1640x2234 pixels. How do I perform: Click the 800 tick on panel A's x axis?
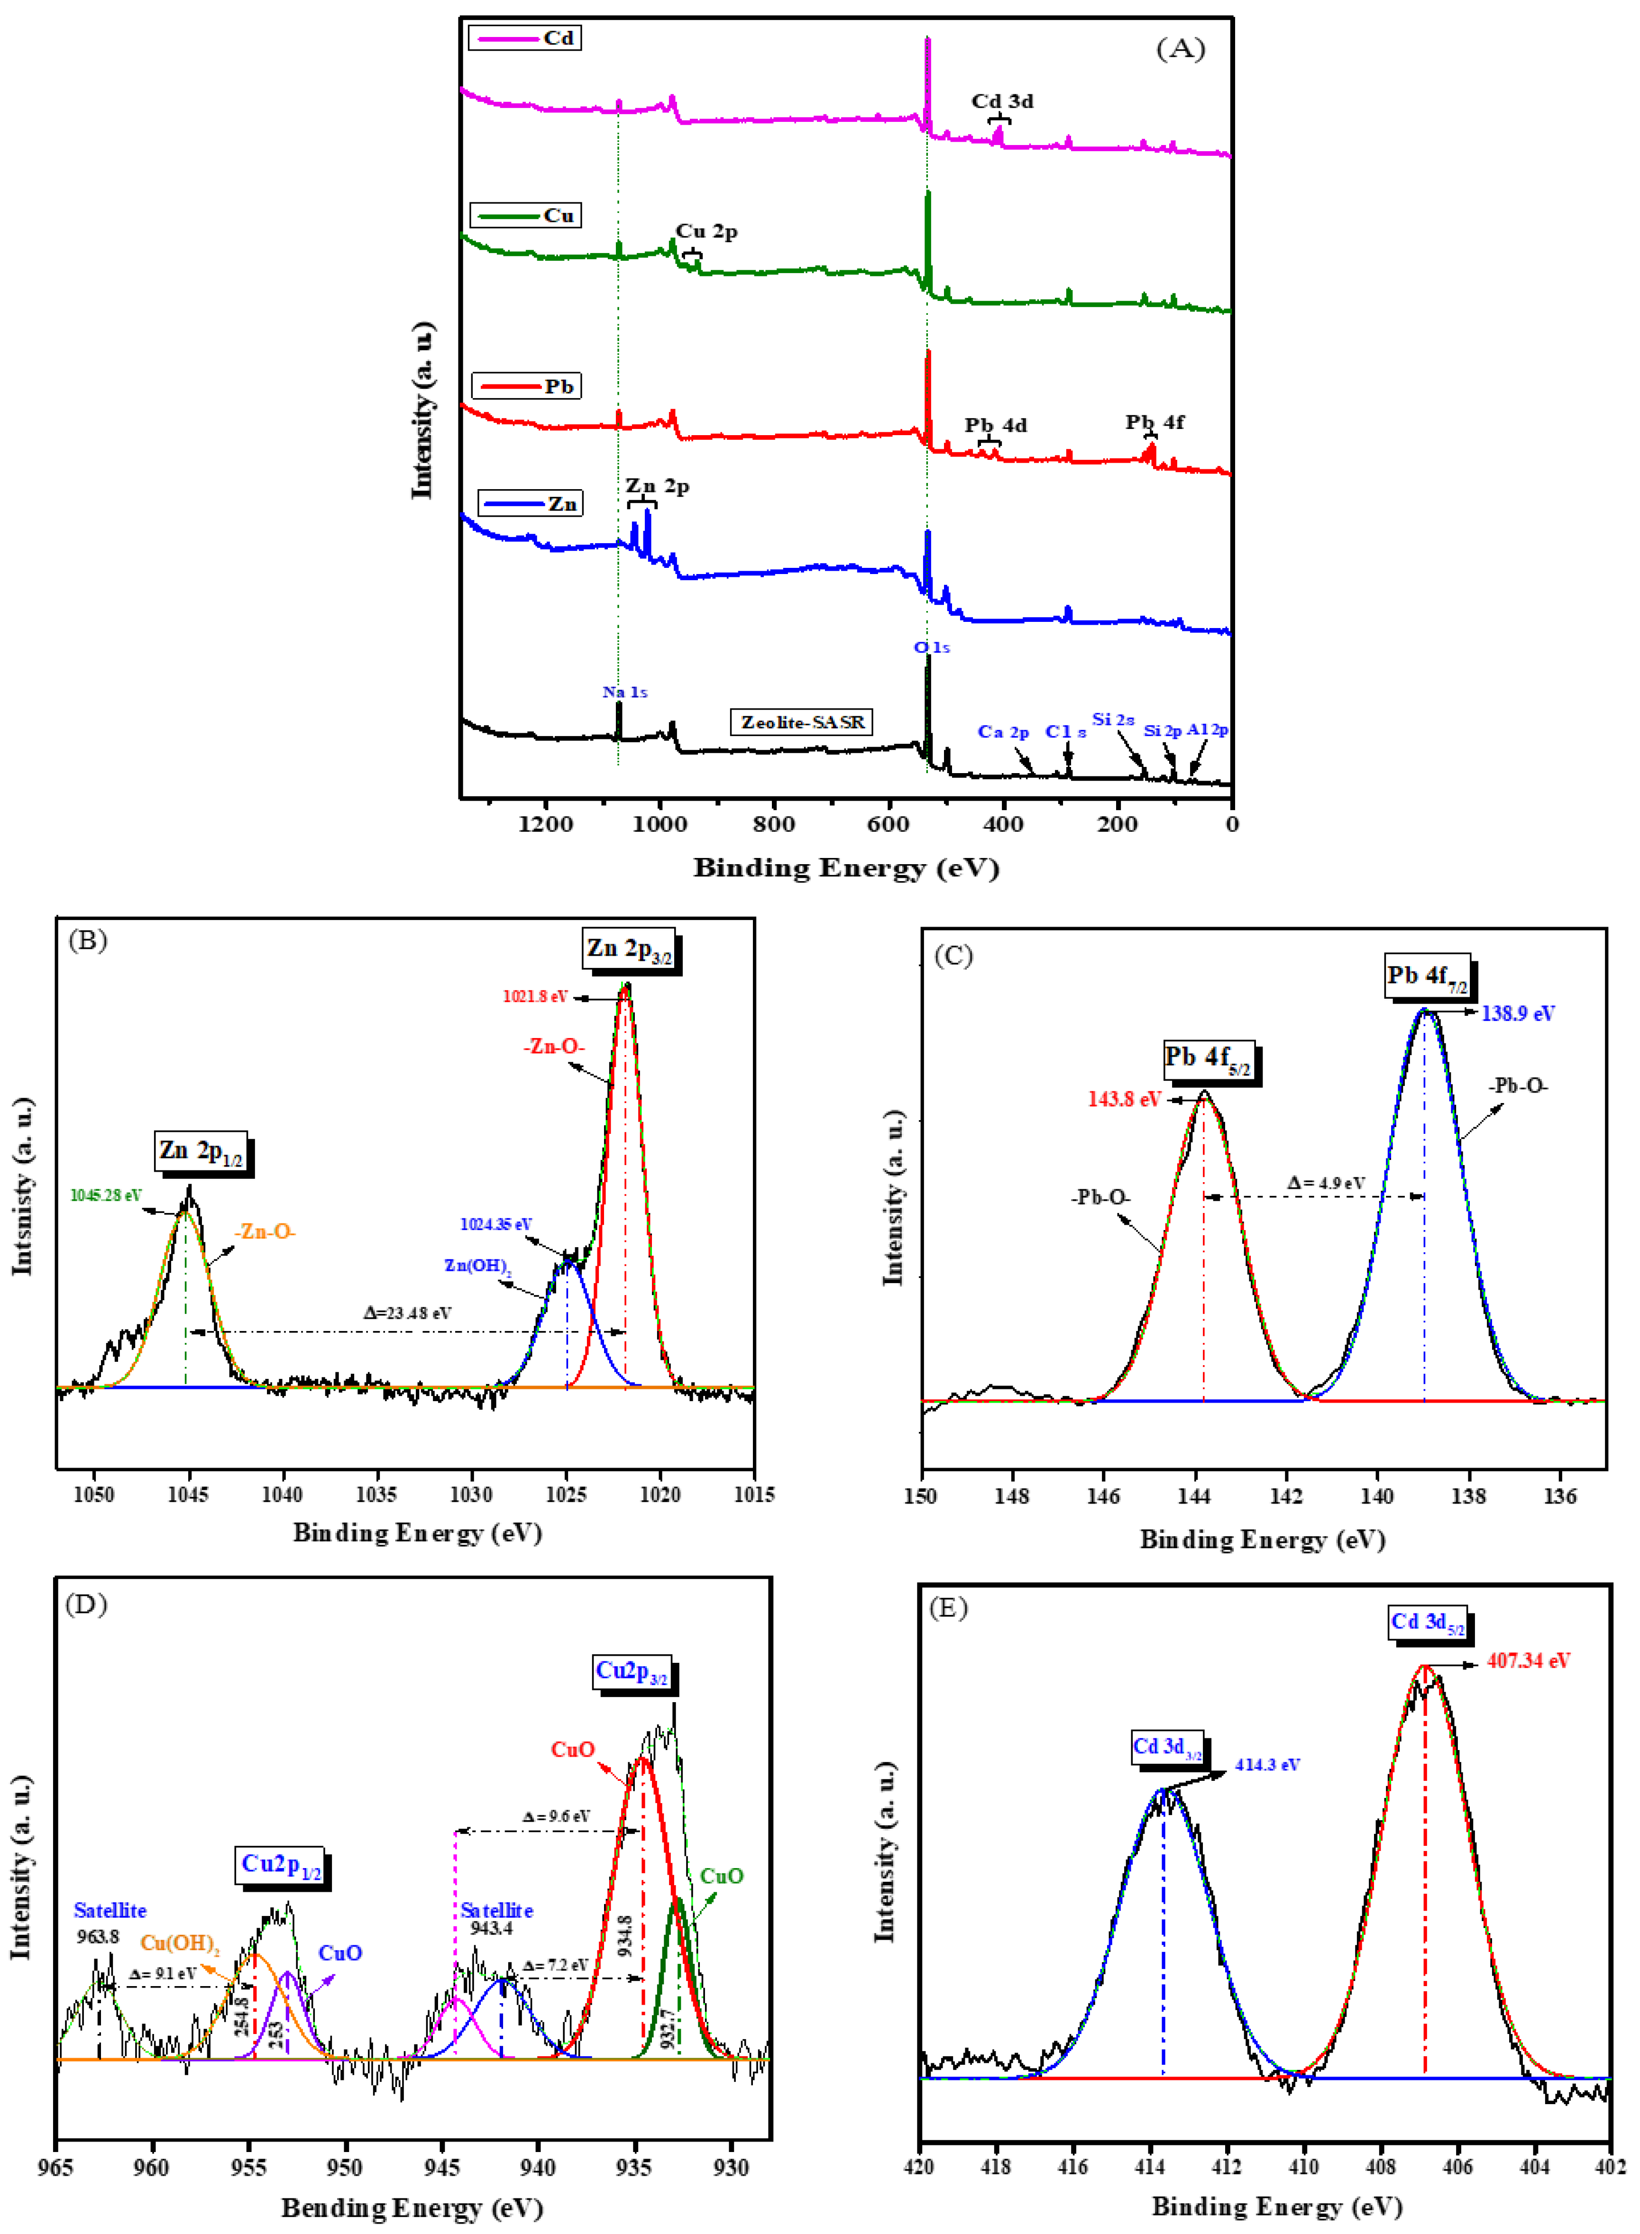click(773, 824)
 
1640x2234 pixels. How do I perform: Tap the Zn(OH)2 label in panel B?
click(477, 1267)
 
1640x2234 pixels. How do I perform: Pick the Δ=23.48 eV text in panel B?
click(407, 1313)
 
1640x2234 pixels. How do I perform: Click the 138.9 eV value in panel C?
click(1518, 1013)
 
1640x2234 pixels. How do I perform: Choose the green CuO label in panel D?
click(722, 1876)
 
